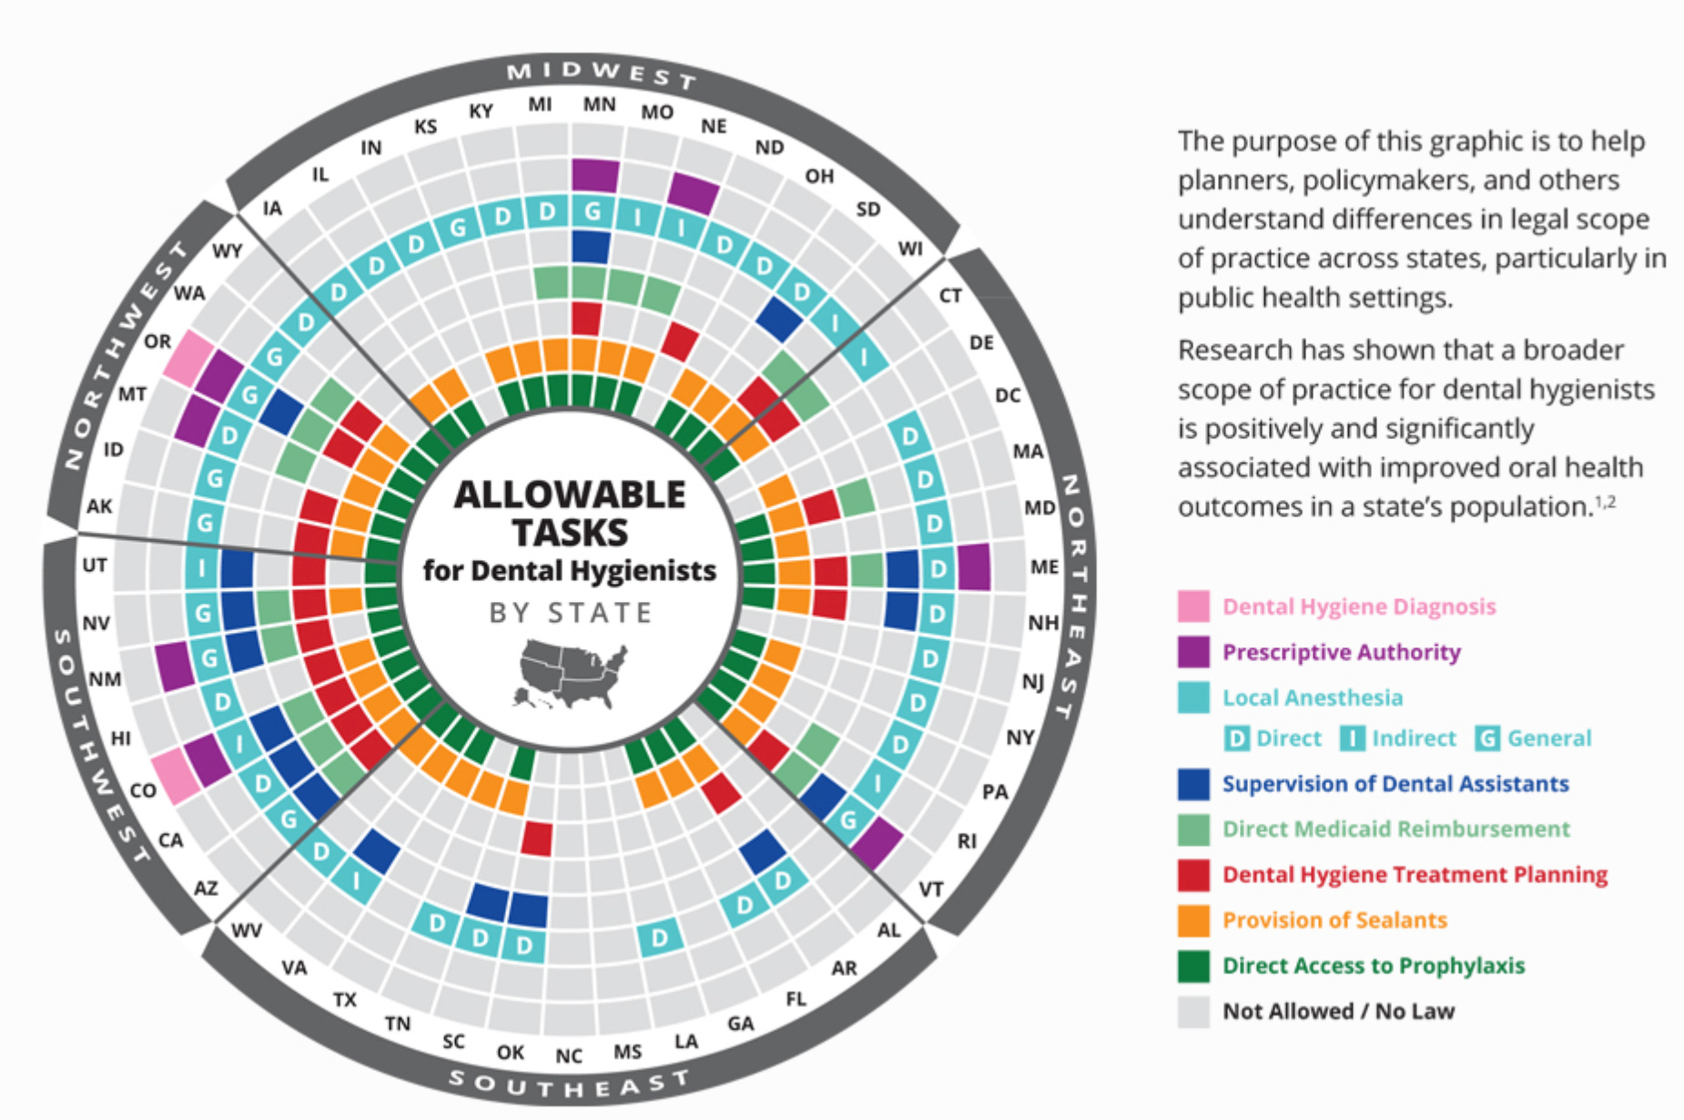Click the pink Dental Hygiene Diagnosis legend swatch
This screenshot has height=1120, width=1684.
[1193, 606]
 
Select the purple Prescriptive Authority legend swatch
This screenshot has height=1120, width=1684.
[1193, 652]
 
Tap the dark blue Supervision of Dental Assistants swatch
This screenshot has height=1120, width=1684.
[1193, 784]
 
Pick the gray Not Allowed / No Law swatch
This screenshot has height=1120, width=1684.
[1193, 1012]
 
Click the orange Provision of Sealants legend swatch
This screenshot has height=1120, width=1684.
[1193, 921]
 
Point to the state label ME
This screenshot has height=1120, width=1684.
[1044, 566]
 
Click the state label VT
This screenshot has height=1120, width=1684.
[930, 889]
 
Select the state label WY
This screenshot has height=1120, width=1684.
[227, 250]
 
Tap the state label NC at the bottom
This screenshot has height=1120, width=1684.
[569, 1056]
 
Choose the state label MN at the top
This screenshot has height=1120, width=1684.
[599, 105]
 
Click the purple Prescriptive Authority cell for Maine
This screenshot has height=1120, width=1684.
[973, 567]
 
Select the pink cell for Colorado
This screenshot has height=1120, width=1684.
[175, 776]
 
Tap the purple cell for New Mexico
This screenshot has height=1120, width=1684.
[175, 666]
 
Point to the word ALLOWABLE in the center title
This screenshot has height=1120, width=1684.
[570, 494]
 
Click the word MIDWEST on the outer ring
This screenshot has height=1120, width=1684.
[601, 75]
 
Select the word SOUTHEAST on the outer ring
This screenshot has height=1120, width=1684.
[569, 1085]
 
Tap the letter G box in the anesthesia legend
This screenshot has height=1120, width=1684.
[1487, 738]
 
